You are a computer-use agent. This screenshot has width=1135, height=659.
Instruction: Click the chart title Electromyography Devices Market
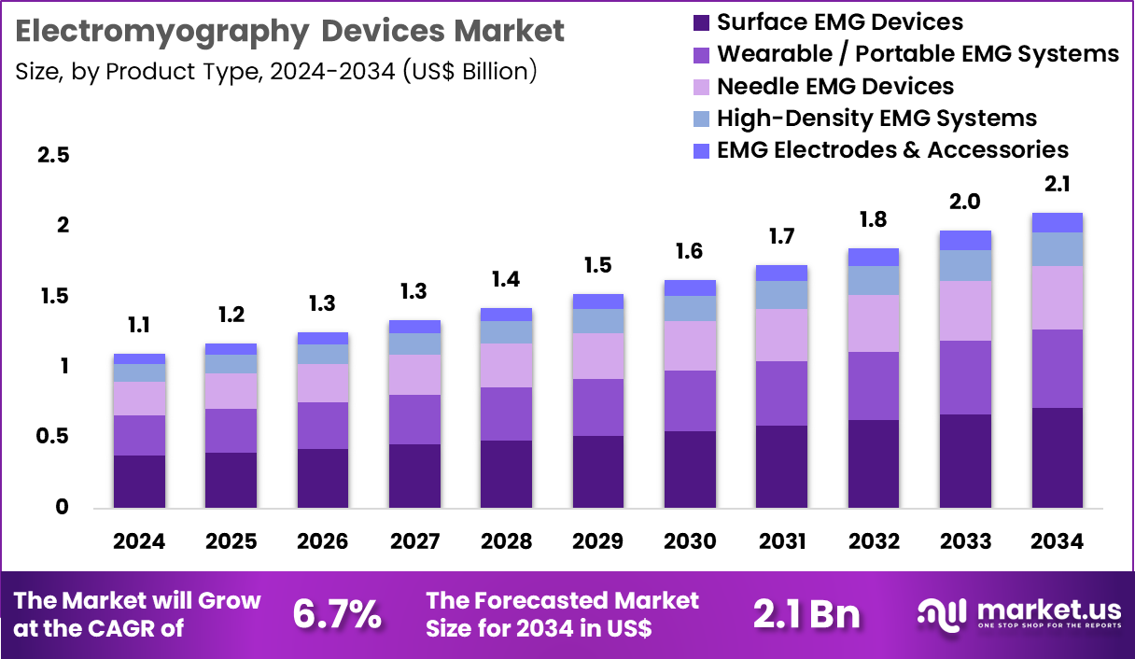click(x=290, y=32)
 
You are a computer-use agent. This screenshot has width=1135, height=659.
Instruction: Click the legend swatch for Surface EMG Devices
click(x=702, y=21)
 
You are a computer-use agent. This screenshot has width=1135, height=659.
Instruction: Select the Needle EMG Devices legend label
click(x=835, y=87)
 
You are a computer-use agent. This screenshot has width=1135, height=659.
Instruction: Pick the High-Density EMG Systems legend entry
click(x=876, y=119)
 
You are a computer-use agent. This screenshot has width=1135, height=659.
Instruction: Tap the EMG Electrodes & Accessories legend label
click(x=892, y=149)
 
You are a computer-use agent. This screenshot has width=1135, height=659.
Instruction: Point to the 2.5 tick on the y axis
click(x=53, y=155)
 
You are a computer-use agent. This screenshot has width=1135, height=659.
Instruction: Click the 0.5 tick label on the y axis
click(x=53, y=437)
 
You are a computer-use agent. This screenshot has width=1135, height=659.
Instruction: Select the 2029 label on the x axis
click(x=598, y=542)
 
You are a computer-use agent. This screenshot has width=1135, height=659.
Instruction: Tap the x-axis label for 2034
click(x=1058, y=542)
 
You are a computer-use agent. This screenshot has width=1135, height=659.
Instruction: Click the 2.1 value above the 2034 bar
click(x=1058, y=185)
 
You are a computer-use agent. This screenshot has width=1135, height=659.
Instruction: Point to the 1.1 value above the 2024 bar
click(x=139, y=326)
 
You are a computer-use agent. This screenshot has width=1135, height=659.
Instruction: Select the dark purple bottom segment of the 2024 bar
click(x=139, y=482)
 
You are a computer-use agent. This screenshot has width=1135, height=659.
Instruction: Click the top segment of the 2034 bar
click(x=1058, y=222)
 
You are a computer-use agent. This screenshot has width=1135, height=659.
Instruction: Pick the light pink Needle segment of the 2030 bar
click(x=690, y=345)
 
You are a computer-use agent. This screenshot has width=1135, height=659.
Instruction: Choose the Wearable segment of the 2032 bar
click(x=874, y=386)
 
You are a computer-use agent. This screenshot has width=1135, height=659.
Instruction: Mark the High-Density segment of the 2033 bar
click(x=965, y=265)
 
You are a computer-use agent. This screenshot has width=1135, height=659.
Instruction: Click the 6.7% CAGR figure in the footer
click(x=337, y=614)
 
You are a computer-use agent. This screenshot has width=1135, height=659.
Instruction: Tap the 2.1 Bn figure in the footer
click(x=806, y=614)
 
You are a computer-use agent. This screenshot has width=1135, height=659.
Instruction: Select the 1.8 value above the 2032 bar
click(x=874, y=220)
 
